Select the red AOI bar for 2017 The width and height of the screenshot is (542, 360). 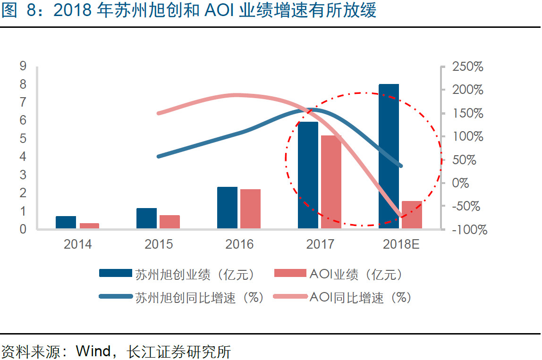pos(330,182)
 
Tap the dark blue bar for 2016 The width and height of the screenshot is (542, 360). pos(227,208)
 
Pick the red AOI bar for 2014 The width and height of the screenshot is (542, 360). pos(89,226)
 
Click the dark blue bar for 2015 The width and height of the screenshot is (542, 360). pos(146,218)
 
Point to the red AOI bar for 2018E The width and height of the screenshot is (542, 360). pos(412,215)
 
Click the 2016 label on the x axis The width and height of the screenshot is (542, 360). pos(239,244)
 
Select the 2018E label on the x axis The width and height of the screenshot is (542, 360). pos(401,244)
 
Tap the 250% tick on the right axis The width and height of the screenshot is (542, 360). pos(467,67)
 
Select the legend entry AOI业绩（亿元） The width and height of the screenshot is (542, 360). pos(340,274)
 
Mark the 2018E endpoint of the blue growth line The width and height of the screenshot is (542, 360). pos(400,166)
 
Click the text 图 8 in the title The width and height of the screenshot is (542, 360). pos(18,10)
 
